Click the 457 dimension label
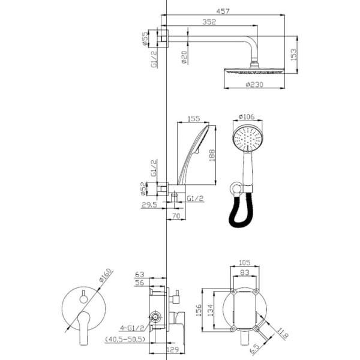223,11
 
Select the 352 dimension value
209,22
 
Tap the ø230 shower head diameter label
254,85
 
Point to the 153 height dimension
293,55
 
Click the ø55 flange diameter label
145,38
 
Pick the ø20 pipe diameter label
184,57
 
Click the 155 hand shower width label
194,119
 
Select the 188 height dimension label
212,155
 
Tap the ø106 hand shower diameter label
247,116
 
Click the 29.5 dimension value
149,205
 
